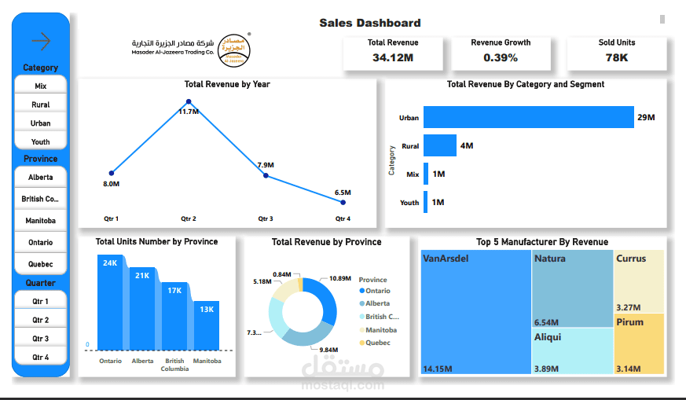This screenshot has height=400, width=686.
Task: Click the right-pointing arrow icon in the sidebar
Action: [x=40, y=40]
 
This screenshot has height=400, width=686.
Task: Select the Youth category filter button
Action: [x=41, y=142]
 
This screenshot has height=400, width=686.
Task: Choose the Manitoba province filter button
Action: [x=41, y=221]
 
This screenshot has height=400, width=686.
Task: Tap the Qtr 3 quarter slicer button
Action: [x=41, y=339]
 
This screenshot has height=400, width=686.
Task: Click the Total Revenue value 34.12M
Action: [x=393, y=57]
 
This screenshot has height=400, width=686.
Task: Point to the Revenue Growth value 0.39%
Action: [x=501, y=57]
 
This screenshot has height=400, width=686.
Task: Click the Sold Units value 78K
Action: [x=617, y=57]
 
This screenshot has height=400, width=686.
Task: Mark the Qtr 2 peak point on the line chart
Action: [x=189, y=102]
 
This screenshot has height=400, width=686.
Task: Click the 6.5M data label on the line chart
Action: [x=343, y=193]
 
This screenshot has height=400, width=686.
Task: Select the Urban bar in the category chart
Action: [x=528, y=117]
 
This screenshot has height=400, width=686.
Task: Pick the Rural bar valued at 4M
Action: [x=440, y=145]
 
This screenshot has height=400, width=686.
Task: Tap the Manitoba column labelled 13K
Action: [x=207, y=324]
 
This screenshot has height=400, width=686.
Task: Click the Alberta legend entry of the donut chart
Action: [x=377, y=303]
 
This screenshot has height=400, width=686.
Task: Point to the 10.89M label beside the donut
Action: [x=340, y=279]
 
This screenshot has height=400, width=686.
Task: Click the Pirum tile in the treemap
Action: [x=639, y=343]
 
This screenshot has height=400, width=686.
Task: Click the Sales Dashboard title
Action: [x=369, y=24]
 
